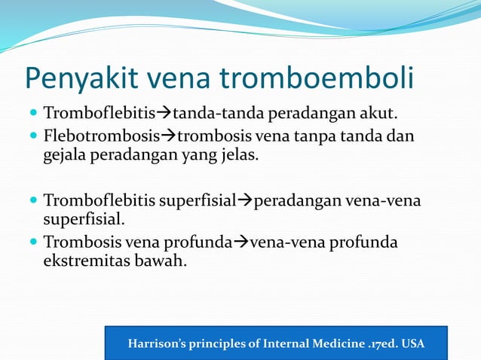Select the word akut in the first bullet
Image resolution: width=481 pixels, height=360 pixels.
pos(380,114)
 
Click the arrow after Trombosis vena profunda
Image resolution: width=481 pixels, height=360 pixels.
pos(238,243)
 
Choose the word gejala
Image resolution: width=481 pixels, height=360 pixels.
pos(64,156)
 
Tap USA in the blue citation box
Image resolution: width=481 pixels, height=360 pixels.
pos(413,344)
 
